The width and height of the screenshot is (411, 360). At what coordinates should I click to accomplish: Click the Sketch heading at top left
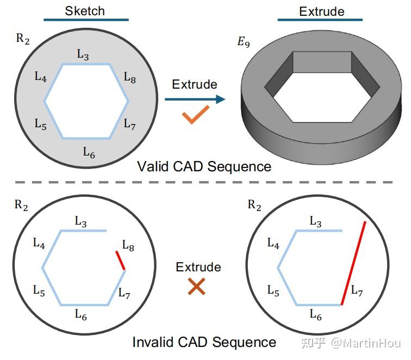(x=85, y=10)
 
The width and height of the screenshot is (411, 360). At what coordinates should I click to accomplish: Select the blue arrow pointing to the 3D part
(x=195, y=99)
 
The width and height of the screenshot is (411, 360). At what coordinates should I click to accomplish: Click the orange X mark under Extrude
(x=196, y=287)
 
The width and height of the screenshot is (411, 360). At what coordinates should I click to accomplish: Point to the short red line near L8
(x=120, y=260)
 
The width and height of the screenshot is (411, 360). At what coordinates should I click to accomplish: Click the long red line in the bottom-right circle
(x=353, y=263)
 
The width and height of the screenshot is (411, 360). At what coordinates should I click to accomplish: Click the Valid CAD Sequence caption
(x=204, y=166)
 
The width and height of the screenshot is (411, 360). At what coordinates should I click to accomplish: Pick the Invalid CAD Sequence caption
(x=204, y=342)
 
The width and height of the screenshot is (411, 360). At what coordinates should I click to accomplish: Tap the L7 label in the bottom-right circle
(x=357, y=291)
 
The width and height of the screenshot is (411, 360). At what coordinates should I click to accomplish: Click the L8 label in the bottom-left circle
(x=128, y=246)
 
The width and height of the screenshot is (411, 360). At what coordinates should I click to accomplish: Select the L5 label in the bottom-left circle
(x=39, y=291)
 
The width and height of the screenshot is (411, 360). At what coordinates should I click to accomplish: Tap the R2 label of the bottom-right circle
(x=254, y=205)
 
